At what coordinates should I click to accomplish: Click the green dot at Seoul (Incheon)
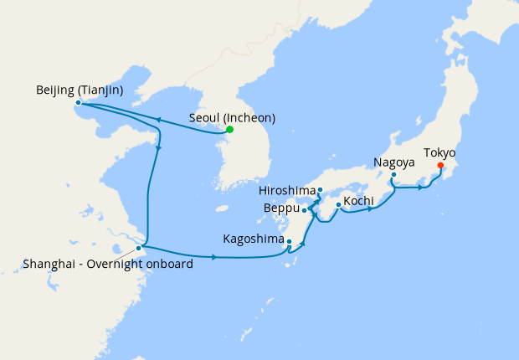point(229,130)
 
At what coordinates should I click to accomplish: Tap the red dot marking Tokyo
point(440,165)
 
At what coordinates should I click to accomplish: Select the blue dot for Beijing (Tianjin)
point(79,103)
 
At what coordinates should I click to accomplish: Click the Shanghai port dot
point(139,248)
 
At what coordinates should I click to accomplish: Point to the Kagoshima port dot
point(289,243)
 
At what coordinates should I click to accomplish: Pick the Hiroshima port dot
point(321,190)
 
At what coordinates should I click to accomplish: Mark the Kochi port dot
point(337,204)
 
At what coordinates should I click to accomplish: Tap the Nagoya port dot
point(393,174)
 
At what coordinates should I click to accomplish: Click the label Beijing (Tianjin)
point(80,90)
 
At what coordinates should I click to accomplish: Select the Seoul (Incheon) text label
point(232,117)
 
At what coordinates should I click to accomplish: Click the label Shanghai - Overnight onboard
point(109,265)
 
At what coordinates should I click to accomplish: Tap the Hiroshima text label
point(286,190)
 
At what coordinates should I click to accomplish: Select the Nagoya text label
point(393,162)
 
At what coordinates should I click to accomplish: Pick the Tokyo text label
point(439,152)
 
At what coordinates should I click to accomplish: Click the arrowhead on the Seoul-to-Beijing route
point(156,119)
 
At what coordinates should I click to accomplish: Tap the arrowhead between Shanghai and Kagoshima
point(214,256)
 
